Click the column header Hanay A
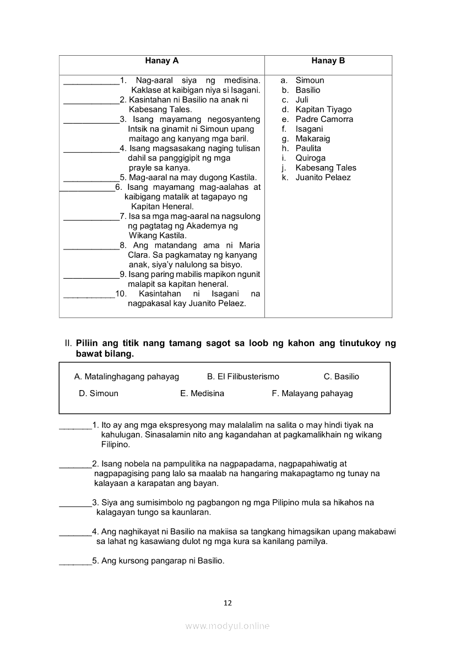point(162,61)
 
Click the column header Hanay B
point(328,61)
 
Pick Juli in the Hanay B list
point(302,100)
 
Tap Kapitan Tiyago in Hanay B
point(323,110)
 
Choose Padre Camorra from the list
point(324,119)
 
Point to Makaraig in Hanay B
point(312,139)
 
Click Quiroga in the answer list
point(310,158)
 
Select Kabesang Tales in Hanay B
point(326,168)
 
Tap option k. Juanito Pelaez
point(323,178)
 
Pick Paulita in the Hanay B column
point(308,148)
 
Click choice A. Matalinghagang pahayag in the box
point(127,377)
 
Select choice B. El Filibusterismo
point(243,377)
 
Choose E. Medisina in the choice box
point(202,394)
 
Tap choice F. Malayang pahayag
point(312,394)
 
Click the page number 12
point(227,603)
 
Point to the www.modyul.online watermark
point(227,626)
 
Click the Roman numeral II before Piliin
point(68,344)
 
